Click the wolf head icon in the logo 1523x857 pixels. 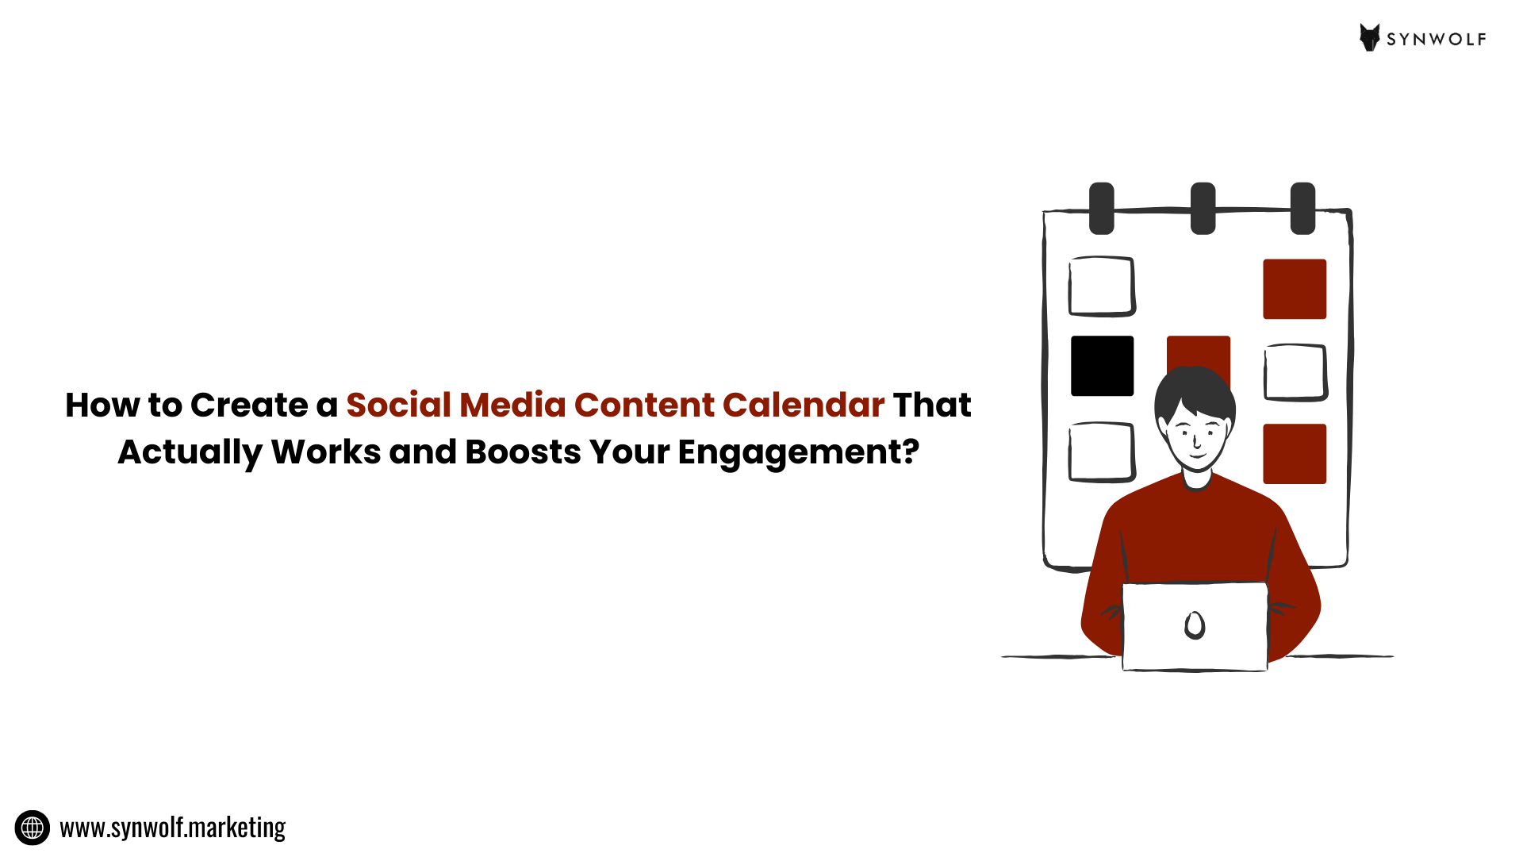tap(1370, 37)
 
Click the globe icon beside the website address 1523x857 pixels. tap(33, 828)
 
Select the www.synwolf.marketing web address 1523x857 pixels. tap(172, 828)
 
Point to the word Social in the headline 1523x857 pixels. tap(398, 405)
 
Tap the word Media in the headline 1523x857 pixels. tap(512, 405)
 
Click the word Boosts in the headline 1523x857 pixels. tap(523, 452)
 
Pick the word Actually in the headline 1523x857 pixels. tap(190, 452)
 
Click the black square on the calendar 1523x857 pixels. tap(1102, 366)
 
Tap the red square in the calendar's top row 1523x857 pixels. tap(1295, 289)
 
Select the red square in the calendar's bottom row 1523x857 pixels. tap(1295, 454)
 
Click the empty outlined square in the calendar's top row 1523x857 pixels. tap(1102, 286)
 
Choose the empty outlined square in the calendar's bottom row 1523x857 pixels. tap(1102, 452)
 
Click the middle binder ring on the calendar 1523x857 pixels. tap(1203, 208)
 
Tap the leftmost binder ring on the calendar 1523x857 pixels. tap(1101, 208)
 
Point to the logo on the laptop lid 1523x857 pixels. tap(1195, 625)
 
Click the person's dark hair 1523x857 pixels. tap(1194, 389)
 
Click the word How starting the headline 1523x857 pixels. tap(102, 405)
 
